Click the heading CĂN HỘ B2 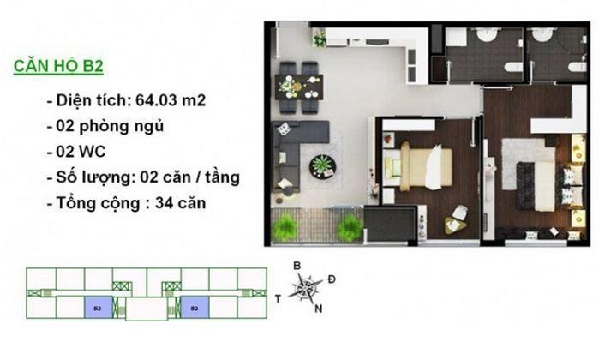[58, 66]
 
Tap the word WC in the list [92, 152]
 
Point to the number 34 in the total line [163, 203]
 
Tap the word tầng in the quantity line [222, 177]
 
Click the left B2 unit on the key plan [99, 307]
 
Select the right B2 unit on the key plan [195, 307]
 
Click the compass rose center [306, 286]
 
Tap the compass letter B [297, 267]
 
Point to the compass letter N [318, 309]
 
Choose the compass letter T [279, 299]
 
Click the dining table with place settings [299, 87]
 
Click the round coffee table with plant [323, 166]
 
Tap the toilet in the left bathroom [513, 67]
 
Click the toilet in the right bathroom [578, 67]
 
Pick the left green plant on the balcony [285, 227]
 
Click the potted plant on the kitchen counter [320, 39]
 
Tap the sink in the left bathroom [486, 35]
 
